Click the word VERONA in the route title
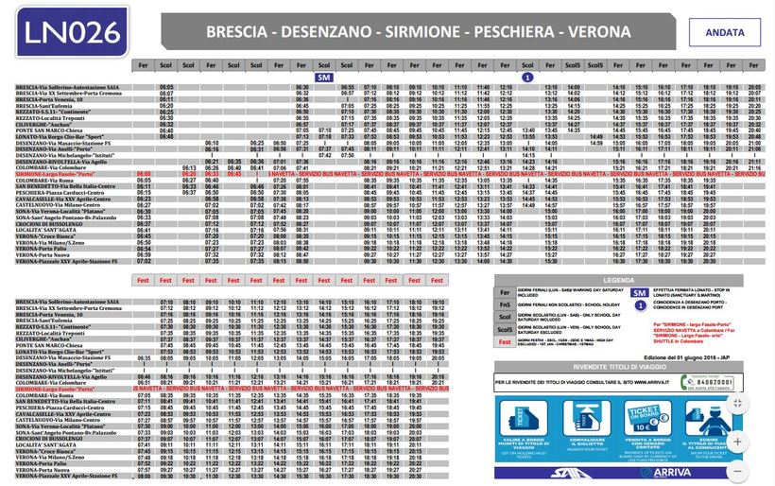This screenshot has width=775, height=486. [595, 32]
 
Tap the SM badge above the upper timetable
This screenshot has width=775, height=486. [324, 77]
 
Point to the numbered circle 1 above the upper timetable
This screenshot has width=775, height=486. [527, 77]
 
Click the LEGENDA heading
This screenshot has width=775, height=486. [619, 280]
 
